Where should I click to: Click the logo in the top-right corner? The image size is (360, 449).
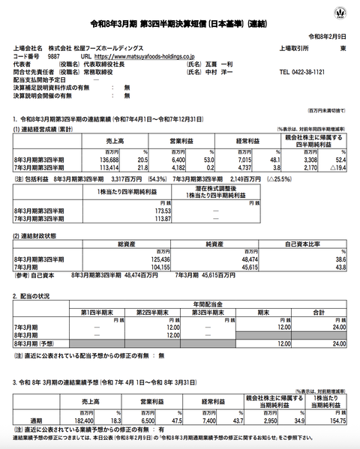click(343, 13)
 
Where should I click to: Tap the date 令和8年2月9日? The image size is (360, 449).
click(329, 37)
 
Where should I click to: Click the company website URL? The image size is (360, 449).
click(139, 55)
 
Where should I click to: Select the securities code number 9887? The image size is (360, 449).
click(53, 55)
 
